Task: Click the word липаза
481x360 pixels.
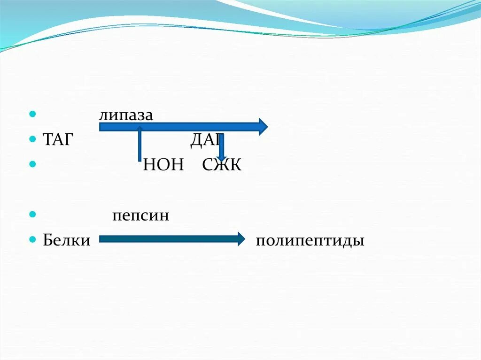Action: tap(126, 115)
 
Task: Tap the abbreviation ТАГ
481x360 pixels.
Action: tap(58, 140)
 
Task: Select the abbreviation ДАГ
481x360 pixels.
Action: tap(205, 140)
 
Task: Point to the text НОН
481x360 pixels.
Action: tap(163, 165)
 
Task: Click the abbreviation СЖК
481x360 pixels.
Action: tap(222, 165)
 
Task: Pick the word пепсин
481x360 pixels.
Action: tap(140, 216)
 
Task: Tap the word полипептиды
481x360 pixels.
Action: tap(310, 241)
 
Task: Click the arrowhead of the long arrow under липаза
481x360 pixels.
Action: tap(262, 127)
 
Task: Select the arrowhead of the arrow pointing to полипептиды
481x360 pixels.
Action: tap(241, 239)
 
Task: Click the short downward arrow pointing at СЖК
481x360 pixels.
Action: tap(222, 148)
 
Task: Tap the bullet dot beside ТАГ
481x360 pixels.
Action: tap(32, 139)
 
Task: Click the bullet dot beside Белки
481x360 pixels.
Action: tap(32, 239)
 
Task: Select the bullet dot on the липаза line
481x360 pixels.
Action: tap(32, 115)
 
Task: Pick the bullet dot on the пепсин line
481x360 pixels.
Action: tap(32, 214)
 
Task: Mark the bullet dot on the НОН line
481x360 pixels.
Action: tap(32, 164)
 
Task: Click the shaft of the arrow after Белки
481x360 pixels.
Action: tap(169, 239)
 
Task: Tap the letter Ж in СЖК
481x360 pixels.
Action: tap(222, 165)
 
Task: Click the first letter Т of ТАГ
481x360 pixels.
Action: tap(47, 140)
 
